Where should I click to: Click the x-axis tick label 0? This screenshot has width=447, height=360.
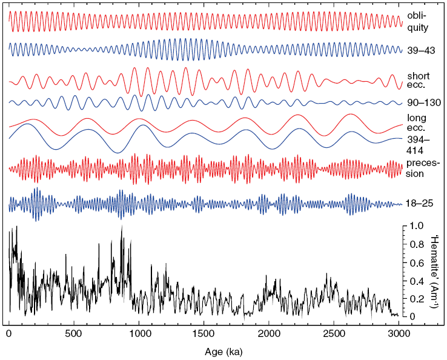coord(9,333)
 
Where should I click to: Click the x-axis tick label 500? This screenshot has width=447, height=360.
coord(74,333)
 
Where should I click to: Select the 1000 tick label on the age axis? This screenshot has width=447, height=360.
coord(139,333)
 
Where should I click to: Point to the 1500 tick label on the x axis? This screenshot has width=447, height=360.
coord(204,333)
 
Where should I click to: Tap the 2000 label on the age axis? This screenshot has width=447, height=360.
coord(268,333)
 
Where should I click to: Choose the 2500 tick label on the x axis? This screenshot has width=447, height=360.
coord(333,333)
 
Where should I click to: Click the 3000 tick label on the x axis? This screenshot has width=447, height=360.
coord(398,333)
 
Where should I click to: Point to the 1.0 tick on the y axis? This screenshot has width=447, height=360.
coord(416,225)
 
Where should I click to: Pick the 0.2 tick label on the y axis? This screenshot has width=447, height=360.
coord(416,298)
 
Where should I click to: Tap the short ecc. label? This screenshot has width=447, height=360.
coord(419,80)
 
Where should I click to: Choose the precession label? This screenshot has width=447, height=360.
coord(422,168)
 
